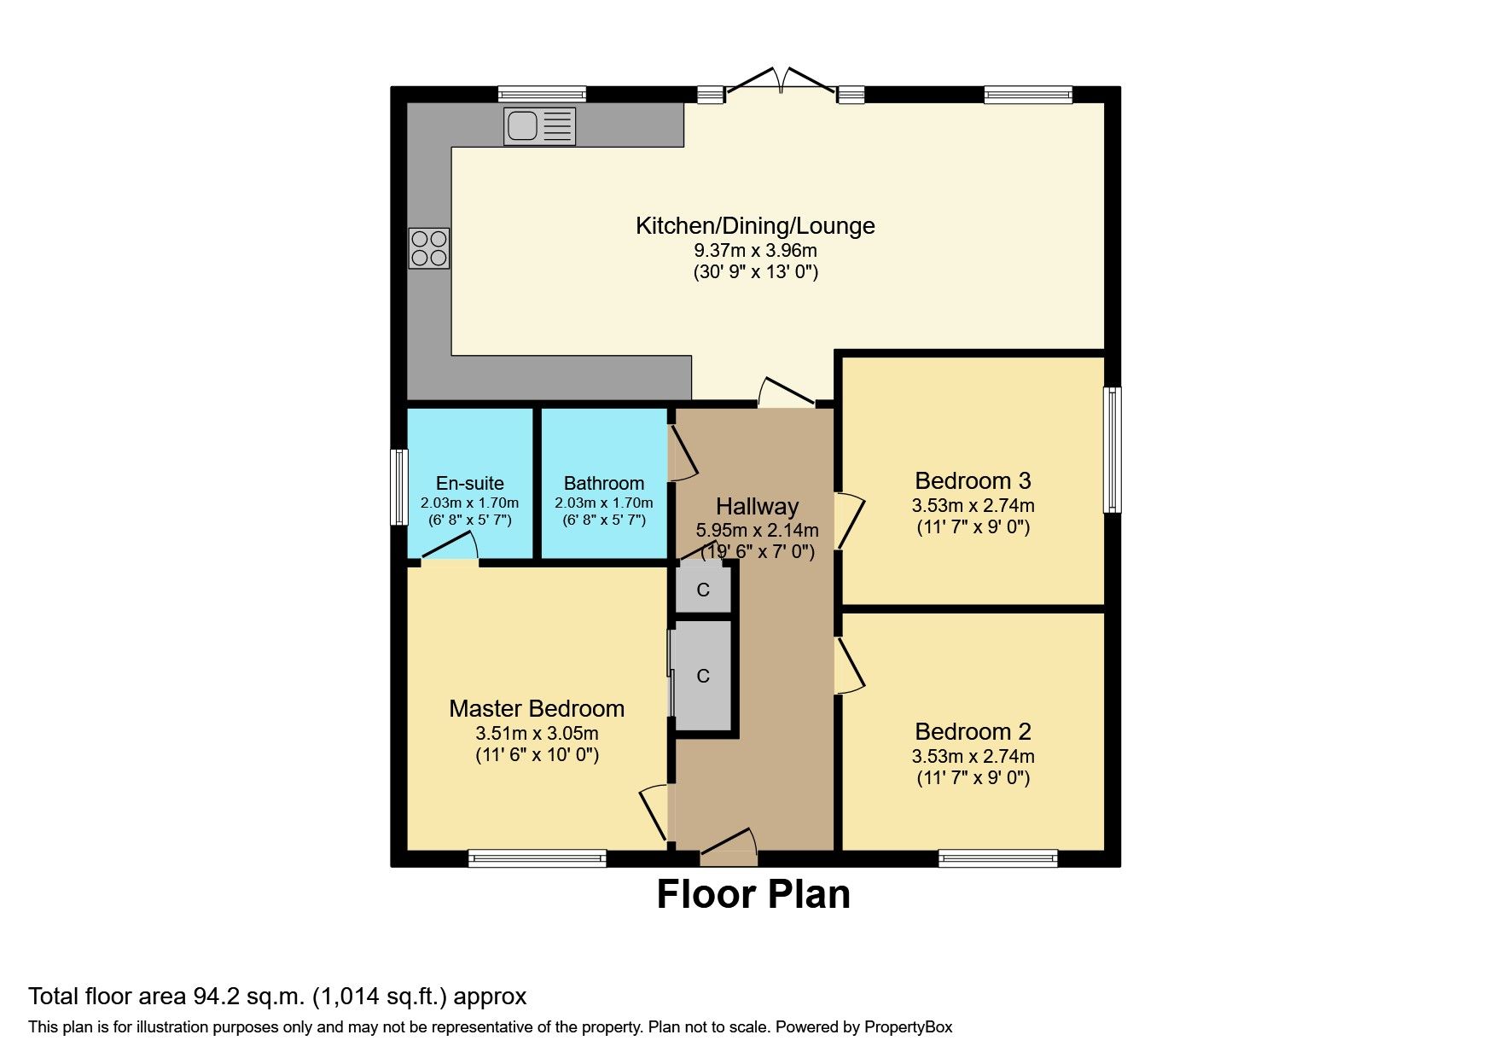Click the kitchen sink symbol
pos(539,126)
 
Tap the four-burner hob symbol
pos(428,248)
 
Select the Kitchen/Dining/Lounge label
pos(755,226)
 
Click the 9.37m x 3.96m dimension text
pos(755,251)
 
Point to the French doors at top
pos(780,82)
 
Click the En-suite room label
pos(469,483)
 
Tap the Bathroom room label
pos(603,483)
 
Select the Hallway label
pos(757,507)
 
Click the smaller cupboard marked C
pos(703,590)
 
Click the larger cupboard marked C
pos(703,676)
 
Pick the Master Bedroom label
pos(537,709)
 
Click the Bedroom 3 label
pos(973,481)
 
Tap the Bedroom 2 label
pos(973,732)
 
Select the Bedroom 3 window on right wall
pos(1112,450)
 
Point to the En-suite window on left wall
pos(398,487)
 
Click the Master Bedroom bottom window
pos(538,858)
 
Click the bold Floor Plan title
pos(753,895)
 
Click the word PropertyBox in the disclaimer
pos(908,1027)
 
